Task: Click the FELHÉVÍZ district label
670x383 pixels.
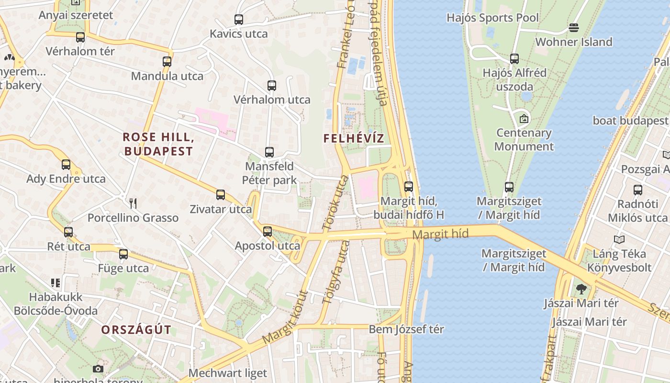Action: point(354,139)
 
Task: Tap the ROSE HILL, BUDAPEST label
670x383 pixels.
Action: point(158,144)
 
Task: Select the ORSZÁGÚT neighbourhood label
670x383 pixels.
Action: point(136,330)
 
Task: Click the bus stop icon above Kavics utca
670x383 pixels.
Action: point(239,20)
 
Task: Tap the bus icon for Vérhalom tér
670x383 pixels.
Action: point(80,37)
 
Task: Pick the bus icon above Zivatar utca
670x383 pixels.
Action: point(221,195)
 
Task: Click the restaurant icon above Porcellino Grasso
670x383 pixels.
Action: point(133,203)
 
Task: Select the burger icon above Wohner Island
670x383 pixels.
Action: point(574,28)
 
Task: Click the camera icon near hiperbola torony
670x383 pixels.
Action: point(98,369)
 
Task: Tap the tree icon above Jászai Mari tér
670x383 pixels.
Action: point(581,289)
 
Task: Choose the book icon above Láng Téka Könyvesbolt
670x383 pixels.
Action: point(619,239)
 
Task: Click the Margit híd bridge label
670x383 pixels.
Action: point(440,234)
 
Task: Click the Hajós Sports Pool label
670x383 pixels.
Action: point(492,18)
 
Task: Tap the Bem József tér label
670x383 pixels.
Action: point(406,329)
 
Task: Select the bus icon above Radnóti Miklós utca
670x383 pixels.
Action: point(638,190)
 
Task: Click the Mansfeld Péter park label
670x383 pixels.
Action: point(269,173)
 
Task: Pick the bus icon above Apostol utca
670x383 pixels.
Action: point(268,232)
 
